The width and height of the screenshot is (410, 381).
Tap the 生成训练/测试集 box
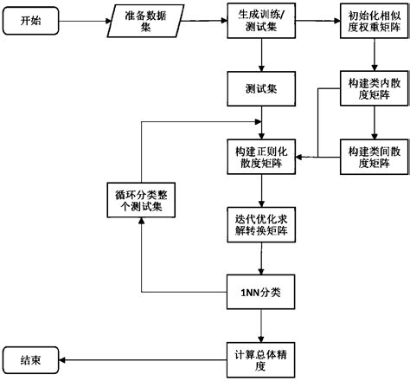260,20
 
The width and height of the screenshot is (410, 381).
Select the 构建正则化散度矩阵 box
260,154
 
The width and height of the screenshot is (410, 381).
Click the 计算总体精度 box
260,357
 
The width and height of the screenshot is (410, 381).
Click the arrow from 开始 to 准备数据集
85,20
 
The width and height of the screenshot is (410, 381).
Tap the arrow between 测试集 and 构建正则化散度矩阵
260,121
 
